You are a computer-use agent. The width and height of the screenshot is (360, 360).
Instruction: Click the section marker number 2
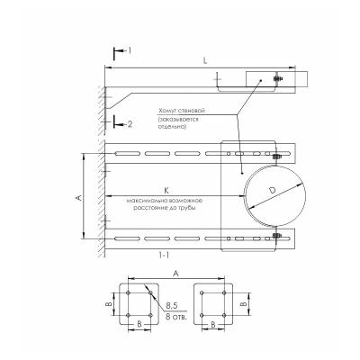point(130,123)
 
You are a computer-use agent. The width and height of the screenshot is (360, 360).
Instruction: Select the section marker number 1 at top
point(129,51)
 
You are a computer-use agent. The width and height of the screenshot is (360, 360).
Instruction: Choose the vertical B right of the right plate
point(244,304)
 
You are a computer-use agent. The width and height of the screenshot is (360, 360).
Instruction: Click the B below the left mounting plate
point(137,322)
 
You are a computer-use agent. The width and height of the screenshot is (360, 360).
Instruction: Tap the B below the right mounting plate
point(212,322)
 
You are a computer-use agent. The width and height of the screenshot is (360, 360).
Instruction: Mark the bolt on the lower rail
point(274,238)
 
